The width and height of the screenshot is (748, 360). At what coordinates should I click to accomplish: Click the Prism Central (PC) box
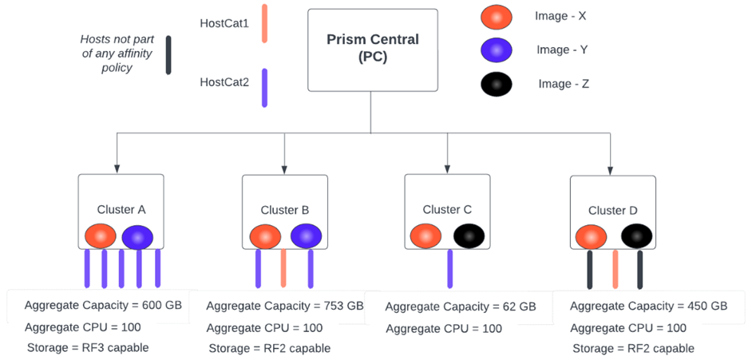[372, 49]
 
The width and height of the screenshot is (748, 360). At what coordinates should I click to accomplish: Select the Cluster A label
[121, 209]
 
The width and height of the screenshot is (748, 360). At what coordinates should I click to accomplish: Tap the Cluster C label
[447, 209]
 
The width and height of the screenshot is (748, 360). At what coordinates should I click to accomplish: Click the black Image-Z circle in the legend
[497, 85]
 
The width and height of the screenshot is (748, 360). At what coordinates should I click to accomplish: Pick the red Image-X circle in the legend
[497, 17]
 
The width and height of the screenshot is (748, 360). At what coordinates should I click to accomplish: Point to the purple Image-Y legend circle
[497, 50]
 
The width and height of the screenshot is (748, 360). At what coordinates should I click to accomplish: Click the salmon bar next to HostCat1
[264, 22]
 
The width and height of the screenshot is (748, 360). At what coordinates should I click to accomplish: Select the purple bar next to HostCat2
[264, 87]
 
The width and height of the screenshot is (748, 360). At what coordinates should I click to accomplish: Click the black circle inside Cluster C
[469, 236]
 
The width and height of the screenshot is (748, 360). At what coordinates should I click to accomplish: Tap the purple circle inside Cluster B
[306, 236]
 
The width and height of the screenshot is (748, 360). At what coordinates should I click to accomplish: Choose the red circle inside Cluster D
[592, 236]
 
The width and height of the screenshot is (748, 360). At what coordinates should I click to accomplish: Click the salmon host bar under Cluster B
[283, 269]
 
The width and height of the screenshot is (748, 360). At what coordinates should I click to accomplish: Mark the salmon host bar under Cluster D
[614, 269]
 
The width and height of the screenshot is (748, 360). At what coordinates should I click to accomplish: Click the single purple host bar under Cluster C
[450, 269]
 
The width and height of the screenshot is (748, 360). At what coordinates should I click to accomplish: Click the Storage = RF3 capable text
[88, 347]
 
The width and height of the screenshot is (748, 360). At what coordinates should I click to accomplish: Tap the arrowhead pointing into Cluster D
[611, 170]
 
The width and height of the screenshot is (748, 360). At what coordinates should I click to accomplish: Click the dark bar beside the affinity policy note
[168, 55]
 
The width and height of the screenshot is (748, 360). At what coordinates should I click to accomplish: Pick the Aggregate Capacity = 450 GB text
[648, 306]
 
